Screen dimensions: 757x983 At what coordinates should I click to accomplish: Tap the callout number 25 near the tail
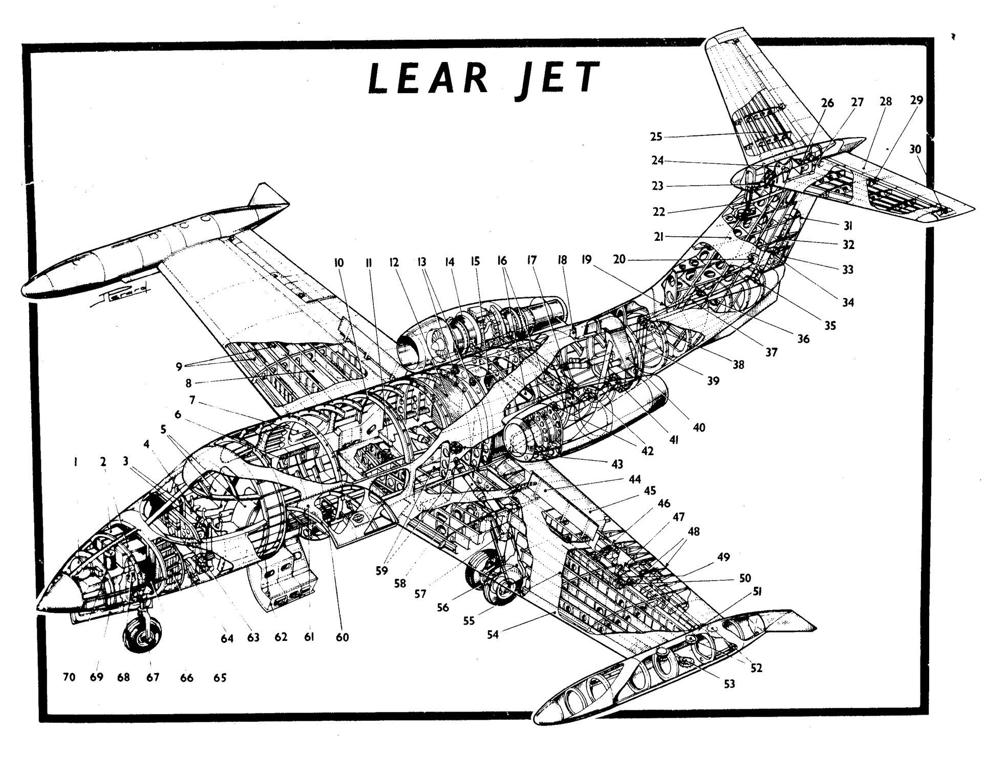[656, 137]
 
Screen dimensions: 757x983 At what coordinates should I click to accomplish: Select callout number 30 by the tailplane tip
[915, 149]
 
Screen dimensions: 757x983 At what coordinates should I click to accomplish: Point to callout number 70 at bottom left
[69, 678]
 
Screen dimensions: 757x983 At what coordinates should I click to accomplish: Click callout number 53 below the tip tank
[729, 684]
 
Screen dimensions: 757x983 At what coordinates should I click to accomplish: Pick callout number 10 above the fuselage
[338, 263]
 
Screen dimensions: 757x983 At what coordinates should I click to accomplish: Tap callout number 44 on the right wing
[635, 479]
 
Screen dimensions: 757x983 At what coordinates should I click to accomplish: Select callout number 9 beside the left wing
[179, 366]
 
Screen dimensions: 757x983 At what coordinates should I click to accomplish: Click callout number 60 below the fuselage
[342, 637]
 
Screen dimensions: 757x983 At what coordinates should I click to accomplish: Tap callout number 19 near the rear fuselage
[586, 260]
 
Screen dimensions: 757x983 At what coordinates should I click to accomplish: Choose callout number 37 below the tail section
[771, 352]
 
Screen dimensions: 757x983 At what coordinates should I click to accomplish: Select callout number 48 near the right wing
[694, 531]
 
